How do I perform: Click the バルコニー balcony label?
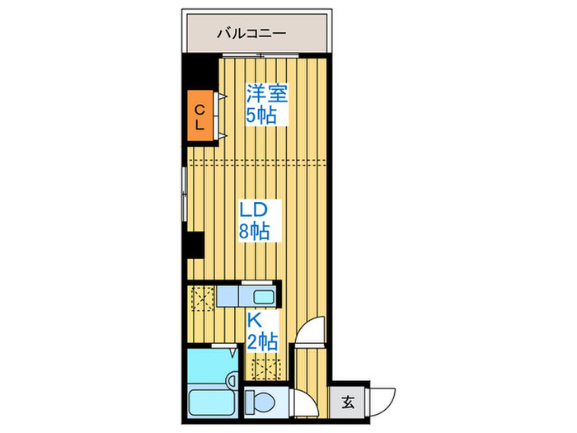coord(251,34)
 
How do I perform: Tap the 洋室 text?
coord(266,93)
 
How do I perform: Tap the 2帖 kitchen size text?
coord(261,340)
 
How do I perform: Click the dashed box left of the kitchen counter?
coord(201,296)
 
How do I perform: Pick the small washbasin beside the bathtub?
coord(233,380)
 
